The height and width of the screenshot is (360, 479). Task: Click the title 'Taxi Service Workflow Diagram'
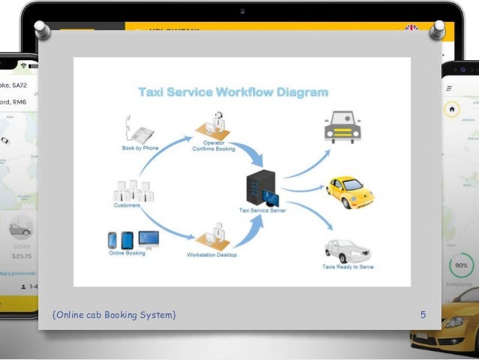[x=233, y=92]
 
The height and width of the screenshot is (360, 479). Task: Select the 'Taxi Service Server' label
[x=262, y=211]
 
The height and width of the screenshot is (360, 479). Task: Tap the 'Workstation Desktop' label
[x=212, y=256]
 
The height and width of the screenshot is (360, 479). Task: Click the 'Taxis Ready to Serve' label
[x=348, y=267]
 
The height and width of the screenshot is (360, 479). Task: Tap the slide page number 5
[x=423, y=315]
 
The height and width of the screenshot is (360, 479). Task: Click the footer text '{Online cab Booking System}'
[x=115, y=315]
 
